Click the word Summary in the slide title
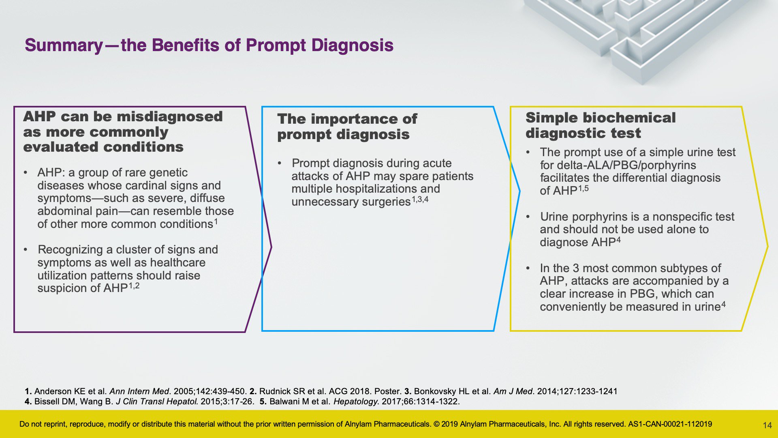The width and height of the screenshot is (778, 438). (64, 45)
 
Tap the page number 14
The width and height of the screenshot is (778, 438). (767, 425)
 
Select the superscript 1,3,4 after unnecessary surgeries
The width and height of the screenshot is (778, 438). (420, 199)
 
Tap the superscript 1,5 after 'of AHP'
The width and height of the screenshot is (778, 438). (583, 188)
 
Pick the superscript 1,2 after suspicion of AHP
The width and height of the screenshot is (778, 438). (134, 286)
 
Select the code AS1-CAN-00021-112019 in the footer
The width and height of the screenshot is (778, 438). (670, 424)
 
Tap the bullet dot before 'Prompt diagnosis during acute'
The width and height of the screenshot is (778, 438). (280, 163)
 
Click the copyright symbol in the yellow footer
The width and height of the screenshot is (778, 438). (436, 424)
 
